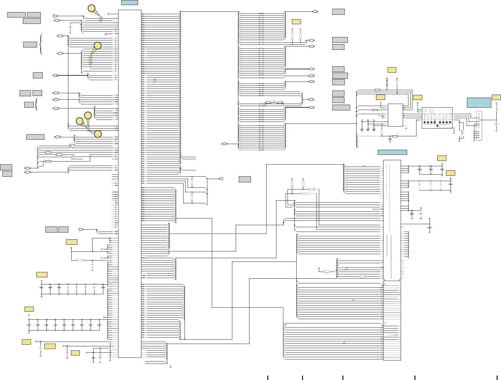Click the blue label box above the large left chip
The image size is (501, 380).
pyautogui.click(x=129, y=2)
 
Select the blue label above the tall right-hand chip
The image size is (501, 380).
pyautogui.click(x=392, y=152)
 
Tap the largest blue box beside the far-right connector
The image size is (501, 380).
pyautogui.click(x=479, y=103)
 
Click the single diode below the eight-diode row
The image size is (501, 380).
pyautogui.click(x=437, y=126)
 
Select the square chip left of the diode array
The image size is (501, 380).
pyautogui.click(x=395, y=115)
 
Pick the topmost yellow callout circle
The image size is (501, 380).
pyautogui.click(x=91, y=8)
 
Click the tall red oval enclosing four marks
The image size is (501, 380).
pyautogui.click(x=90, y=61)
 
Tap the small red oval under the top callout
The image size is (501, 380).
pyautogui.click(x=101, y=19)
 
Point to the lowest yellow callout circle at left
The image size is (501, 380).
pyautogui.click(x=98, y=134)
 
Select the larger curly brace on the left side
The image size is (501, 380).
pyautogui.click(x=41, y=44)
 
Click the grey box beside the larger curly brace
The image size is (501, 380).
pyautogui.click(x=30, y=44)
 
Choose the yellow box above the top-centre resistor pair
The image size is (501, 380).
pyautogui.click(x=296, y=22)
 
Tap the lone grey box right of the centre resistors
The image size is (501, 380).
pyautogui.click(x=245, y=179)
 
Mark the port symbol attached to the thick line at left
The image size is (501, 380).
pyautogui.click(x=55, y=75)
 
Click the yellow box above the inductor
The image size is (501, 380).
pyautogui.click(x=496, y=97)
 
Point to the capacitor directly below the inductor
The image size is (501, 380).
pyautogui.click(x=496, y=124)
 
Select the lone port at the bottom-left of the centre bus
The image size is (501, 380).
pyautogui.click(x=224, y=144)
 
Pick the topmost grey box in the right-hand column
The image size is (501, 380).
pyautogui.click(x=338, y=12)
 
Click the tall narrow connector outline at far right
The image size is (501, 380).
pyautogui.click(x=479, y=126)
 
